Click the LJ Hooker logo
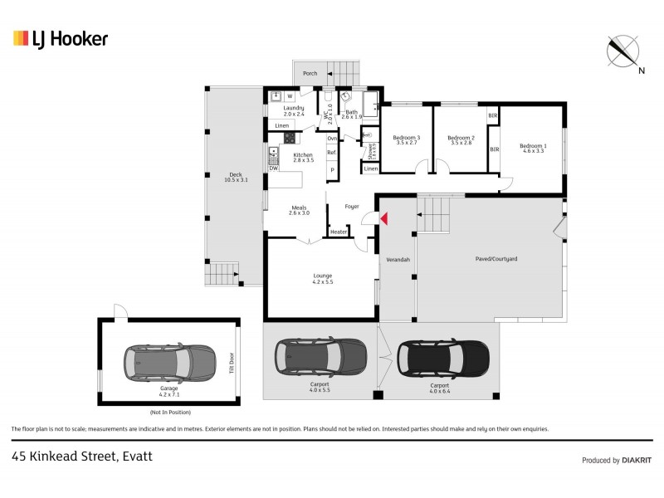(x=60, y=38)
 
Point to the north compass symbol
(x=623, y=52)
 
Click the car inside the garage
(x=169, y=362)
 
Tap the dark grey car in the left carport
(x=320, y=356)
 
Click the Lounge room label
(x=322, y=279)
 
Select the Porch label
(x=310, y=73)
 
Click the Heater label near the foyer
(x=338, y=232)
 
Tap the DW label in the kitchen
(x=273, y=168)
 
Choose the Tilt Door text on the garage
(x=232, y=363)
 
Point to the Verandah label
(x=398, y=260)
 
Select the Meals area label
(x=299, y=211)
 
